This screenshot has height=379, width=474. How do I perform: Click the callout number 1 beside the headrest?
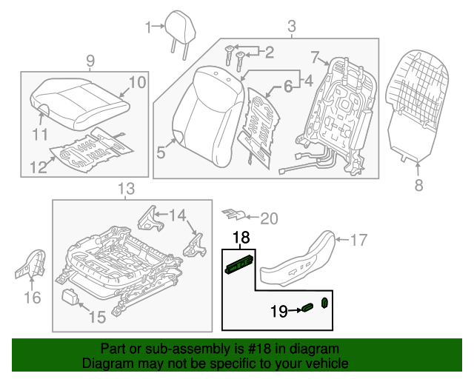147,27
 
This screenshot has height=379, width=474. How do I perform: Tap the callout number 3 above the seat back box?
291,27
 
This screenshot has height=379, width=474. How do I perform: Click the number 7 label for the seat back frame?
314,56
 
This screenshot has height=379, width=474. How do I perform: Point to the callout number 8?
418,186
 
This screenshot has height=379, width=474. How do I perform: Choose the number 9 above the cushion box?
90,60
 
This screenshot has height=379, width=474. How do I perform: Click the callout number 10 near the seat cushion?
138,82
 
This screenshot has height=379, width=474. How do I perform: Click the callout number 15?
97,318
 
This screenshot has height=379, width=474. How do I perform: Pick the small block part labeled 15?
73,297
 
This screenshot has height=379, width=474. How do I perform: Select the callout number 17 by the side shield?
358,239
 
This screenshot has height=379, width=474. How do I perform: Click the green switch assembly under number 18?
240,264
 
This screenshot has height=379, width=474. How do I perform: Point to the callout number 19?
279,312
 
